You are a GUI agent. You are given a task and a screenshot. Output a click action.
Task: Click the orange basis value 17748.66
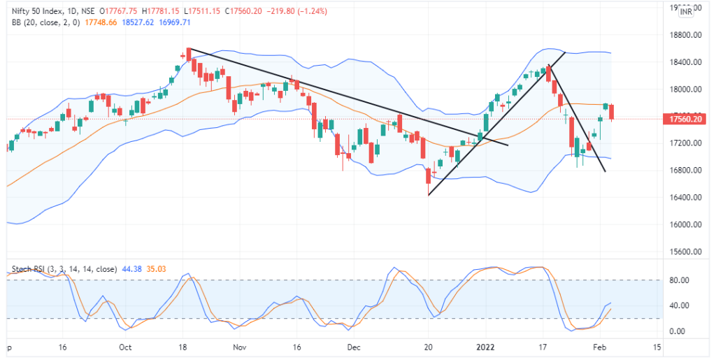coord(99,22)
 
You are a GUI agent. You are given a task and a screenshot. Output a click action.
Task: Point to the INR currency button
coord(686,11)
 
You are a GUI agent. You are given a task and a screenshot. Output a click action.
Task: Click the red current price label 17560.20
coord(686,119)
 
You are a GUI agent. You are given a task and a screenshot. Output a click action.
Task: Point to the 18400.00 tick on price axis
coord(686,62)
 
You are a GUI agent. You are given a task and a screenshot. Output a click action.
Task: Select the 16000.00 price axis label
coord(686,224)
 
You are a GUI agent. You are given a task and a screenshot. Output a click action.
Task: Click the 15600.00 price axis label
coord(686,252)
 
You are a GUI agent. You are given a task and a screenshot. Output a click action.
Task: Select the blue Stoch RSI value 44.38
coord(131,269)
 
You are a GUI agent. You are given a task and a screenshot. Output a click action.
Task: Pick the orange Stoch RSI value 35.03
coord(161,269)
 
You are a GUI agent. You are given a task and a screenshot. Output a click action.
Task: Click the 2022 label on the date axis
coord(485,347)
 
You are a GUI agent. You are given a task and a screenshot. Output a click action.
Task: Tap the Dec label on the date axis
coord(354,347)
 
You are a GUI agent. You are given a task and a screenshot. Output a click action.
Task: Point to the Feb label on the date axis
coord(599,347)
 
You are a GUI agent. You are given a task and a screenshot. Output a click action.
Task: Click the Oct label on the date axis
coord(126,347)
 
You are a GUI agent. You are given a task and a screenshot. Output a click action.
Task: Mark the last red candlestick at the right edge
coord(612,112)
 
